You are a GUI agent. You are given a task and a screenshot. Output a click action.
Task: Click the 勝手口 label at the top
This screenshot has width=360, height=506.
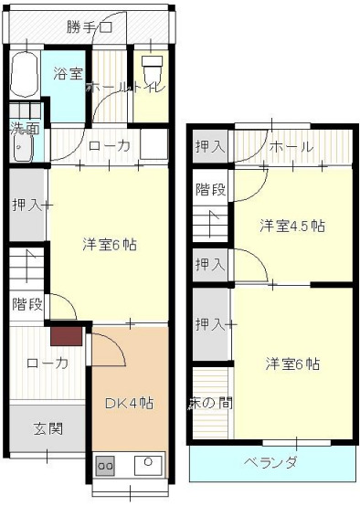pyautogui.click(x=89, y=26)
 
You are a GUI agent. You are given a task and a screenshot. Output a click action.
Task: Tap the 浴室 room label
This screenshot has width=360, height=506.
pyautogui.click(x=68, y=74)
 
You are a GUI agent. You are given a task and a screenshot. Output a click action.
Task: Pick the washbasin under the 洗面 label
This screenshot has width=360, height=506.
pyautogui.click(x=21, y=149)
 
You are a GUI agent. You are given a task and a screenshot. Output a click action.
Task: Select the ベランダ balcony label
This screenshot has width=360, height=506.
pyautogui.click(x=270, y=462)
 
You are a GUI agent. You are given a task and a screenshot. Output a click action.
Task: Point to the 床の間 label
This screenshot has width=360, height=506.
pyautogui.click(x=209, y=401)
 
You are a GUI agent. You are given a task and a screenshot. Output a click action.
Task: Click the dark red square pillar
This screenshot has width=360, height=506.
pyautogui.click(x=67, y=336)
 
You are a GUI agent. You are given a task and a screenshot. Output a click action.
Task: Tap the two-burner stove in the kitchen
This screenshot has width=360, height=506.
pyautogui.click(x=106, y=465)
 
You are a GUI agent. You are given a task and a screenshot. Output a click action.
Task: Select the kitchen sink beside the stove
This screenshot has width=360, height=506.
pyautogui.click(x=146, y=464)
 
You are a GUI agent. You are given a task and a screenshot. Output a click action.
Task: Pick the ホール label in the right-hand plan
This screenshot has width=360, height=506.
pyautogui.click(x=292, y=147)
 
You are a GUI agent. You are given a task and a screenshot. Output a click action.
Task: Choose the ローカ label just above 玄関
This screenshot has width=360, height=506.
pyautogui.click(x=48, y=363)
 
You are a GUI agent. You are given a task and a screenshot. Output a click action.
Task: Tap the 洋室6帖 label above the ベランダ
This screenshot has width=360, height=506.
pyautogui.click(x=292, y=364)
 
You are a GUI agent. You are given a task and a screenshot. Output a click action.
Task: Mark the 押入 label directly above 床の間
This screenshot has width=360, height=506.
pyautogui.click(x=210, y=322)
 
